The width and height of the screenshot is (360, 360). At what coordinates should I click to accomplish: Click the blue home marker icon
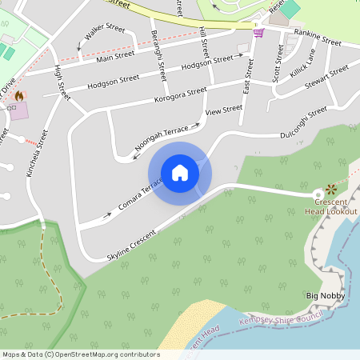pyautogui.click(x=180, y=173)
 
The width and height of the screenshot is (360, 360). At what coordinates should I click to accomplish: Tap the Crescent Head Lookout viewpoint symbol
pyautogui.click(x=330, y=191)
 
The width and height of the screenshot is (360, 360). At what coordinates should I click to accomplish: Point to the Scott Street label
pyautogui.click(x=278, y=63)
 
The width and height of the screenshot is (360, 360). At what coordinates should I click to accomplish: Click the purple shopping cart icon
pyautogui.click(x=258, y=33)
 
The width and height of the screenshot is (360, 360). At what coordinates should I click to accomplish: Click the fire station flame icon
pyautogui.click(x=18, y=95)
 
